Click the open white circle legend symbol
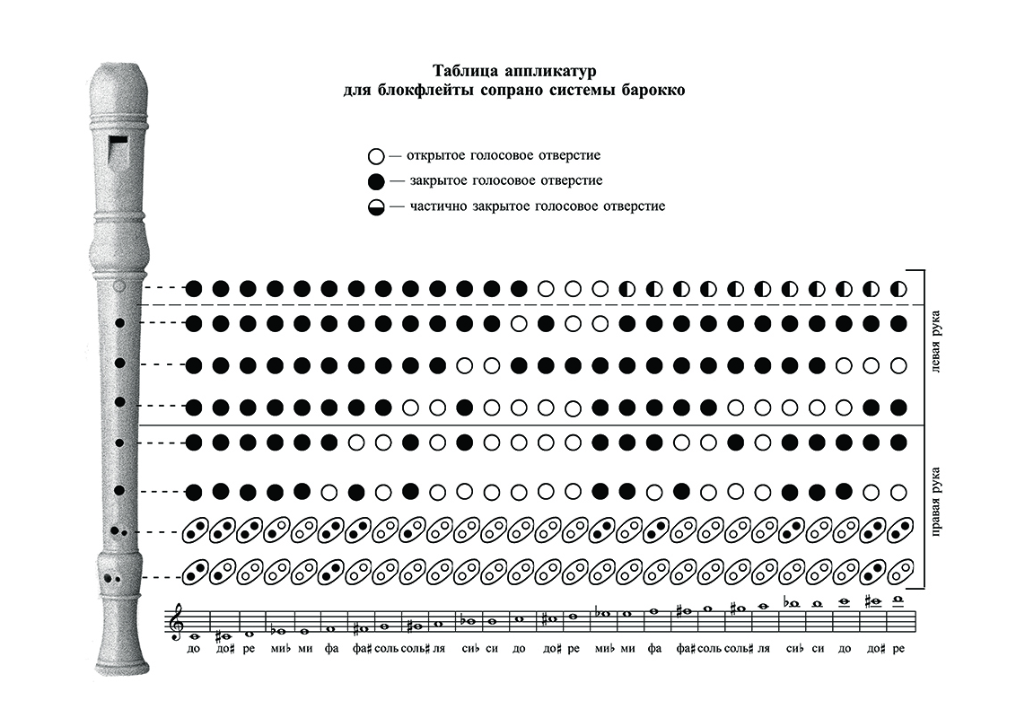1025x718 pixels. tap(376, 155)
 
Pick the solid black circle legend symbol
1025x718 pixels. tap(376, 181)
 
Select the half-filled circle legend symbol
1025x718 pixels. tap(376, 207)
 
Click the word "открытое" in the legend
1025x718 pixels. tap(435, 155)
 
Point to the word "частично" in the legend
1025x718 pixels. tap(441, 207)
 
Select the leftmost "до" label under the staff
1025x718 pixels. tap(194, 647)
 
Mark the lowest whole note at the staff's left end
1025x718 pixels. tap(194, 635)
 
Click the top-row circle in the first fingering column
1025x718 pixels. tap(194, 289)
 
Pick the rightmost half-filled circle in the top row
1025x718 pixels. tap(898, 289)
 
